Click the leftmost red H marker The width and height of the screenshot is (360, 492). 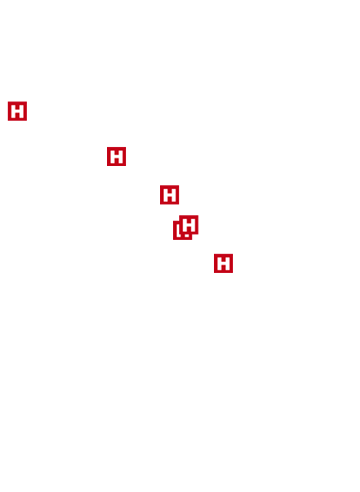click(17, 111)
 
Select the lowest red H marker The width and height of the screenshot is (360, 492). click(224, 263)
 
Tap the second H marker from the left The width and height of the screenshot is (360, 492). click(116, 156)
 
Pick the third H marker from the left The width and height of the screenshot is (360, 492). click(169, 194)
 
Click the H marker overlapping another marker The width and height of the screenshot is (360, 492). click(188, 224)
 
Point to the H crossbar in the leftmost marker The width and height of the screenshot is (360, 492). click(17, 111)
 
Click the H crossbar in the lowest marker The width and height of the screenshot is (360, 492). click(224, 263)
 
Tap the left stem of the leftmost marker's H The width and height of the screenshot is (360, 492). click(13, 111)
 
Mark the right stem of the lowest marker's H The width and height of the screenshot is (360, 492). click(228, 263)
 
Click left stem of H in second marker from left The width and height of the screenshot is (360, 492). click(112, 156)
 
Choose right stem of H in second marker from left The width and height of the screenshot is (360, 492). click(121, 156)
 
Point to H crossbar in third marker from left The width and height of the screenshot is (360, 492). click(169, 194)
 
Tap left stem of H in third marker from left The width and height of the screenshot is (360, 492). click(165, 194)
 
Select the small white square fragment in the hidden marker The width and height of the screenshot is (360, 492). click(187, 236)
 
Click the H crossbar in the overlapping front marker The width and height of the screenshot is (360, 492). click(188, 224)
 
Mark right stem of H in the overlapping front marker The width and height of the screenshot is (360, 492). click(193, 224)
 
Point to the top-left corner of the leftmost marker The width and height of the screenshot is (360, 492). click(8, 101)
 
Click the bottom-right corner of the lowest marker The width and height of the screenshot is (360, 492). click(233, 272)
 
